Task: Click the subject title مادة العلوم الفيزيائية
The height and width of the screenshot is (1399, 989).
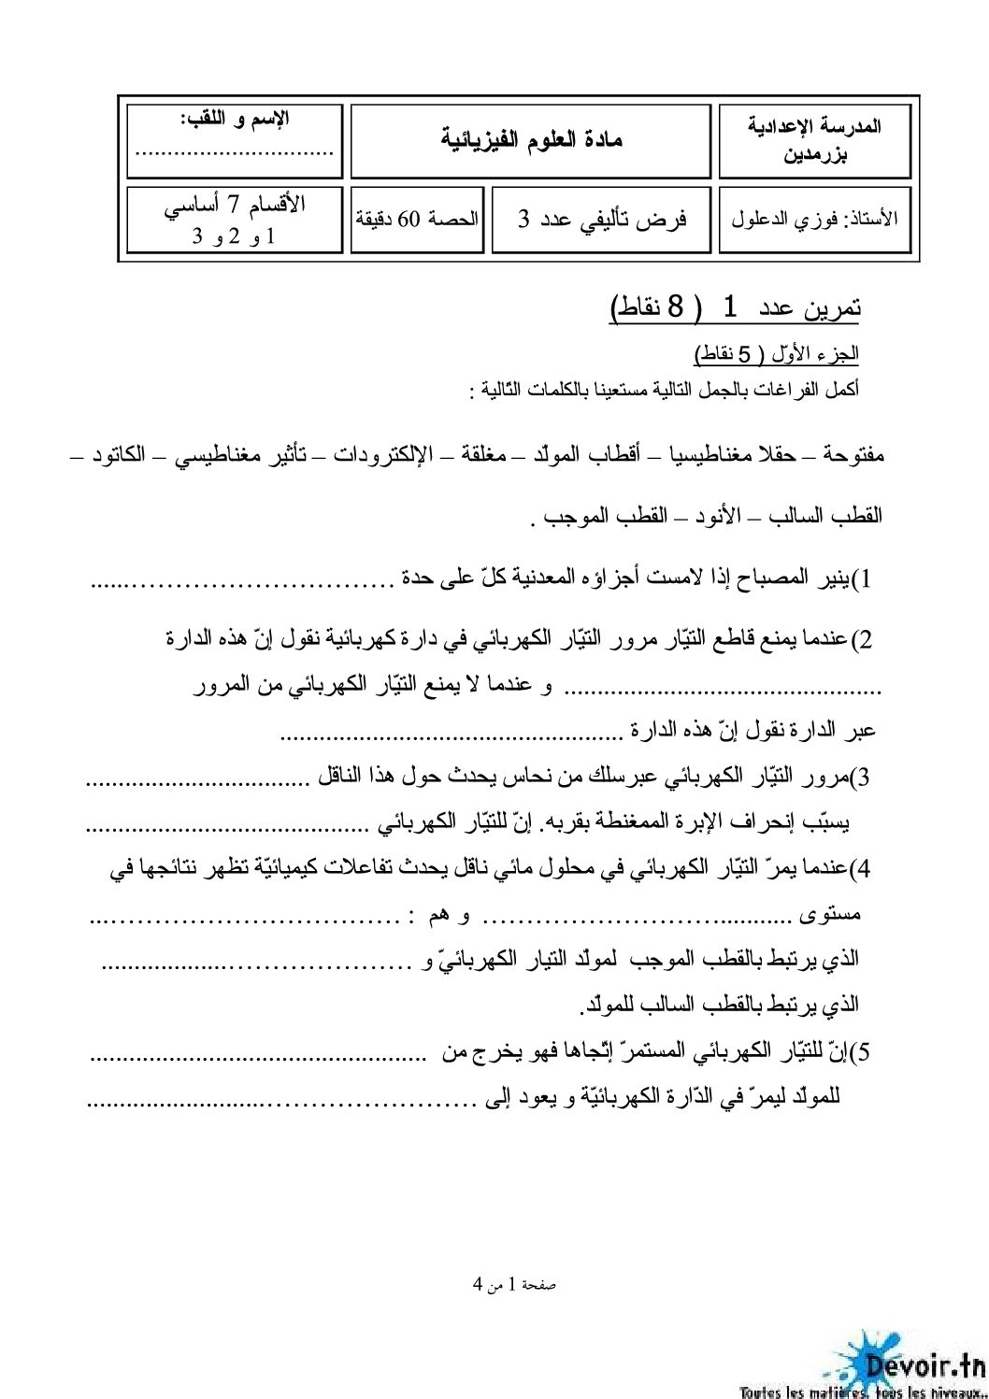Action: tap(531, 140)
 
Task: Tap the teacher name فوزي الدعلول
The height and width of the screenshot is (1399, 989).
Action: tap(814, 220)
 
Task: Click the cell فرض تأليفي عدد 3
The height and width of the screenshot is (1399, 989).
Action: tap(602, 220)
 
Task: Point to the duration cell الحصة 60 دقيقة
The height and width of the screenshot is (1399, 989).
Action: tap(418, 220)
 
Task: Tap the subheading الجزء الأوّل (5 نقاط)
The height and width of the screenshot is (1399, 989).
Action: tap(777, 354)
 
